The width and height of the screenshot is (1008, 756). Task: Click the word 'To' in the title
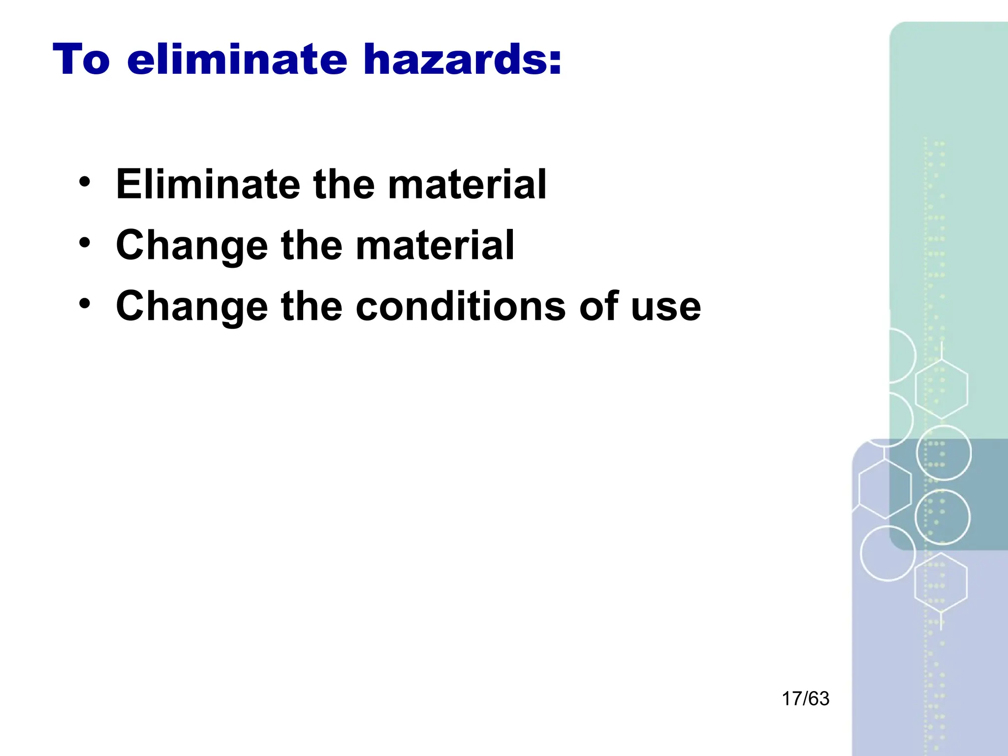(81, 60)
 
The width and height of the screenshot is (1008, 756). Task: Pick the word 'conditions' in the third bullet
(461, 306)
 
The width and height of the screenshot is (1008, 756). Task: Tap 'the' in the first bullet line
(344, 184)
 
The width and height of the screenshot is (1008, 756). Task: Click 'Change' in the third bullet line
(191, 306)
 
